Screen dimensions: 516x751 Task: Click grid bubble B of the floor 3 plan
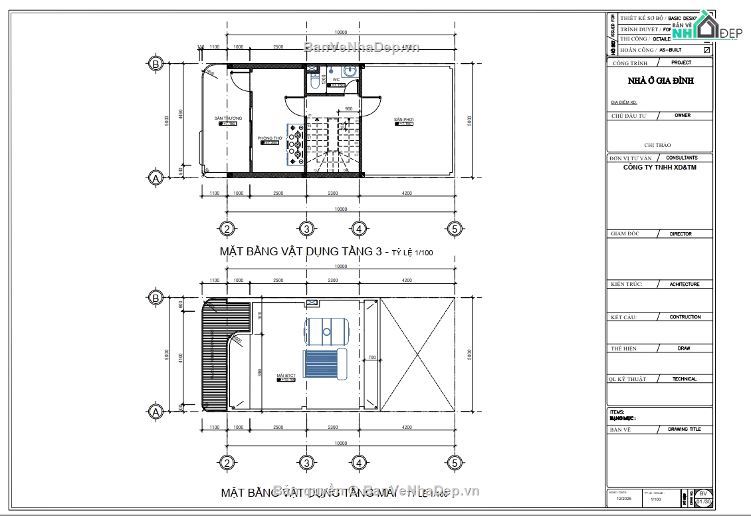(156, 64)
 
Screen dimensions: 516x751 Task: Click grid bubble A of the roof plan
(156, 412)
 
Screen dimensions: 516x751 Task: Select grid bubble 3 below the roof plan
(306, 463)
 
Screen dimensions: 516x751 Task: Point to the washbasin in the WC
(348, 71)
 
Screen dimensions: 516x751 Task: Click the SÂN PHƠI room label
(403, 120)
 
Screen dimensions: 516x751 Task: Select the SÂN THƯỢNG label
(228, 118)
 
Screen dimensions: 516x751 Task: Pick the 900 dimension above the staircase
(349, 108)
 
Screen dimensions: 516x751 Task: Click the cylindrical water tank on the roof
(326, 330)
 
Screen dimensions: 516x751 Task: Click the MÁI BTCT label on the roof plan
(286, 376)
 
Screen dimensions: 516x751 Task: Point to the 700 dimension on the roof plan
(372, 358)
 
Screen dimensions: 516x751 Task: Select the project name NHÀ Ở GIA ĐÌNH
(660, 80)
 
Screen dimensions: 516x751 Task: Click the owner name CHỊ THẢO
(657, 145)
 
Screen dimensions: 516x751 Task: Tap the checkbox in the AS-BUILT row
(706, 50)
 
